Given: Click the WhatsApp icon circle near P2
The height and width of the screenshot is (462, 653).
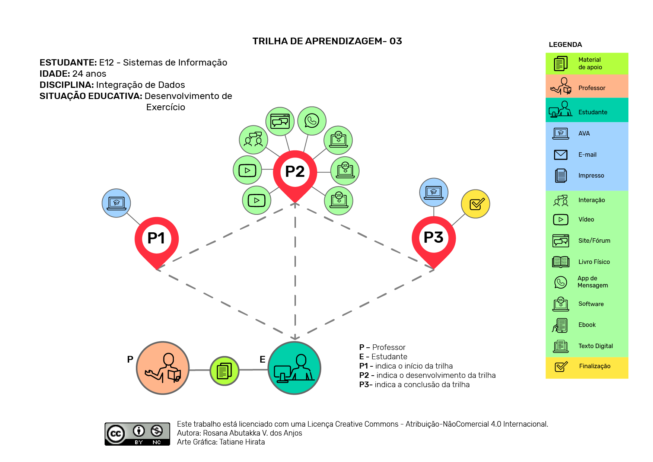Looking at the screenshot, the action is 312,121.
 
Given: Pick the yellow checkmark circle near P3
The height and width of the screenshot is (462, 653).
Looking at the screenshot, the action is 475,204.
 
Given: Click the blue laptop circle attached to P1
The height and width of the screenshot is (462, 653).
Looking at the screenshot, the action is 116,203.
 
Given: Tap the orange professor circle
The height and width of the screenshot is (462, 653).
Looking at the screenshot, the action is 163,368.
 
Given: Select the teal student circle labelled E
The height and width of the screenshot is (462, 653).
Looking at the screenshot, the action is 294,368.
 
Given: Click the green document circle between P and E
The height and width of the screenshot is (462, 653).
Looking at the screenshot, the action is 224,371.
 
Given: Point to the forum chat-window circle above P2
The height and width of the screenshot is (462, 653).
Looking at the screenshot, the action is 280,121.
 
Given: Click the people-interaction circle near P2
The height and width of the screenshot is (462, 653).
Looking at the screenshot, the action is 254,140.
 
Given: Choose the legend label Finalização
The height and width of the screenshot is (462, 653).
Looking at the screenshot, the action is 595,366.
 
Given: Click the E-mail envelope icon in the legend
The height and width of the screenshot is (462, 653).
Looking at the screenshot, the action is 561,154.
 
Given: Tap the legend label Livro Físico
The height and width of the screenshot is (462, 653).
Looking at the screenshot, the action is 594,262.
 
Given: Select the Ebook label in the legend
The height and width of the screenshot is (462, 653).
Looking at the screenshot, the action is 587,325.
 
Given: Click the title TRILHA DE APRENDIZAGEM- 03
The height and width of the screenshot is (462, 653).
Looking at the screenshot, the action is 327,41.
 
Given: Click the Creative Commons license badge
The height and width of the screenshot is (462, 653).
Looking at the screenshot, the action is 137,434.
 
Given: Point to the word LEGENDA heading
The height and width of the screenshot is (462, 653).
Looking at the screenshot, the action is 565,45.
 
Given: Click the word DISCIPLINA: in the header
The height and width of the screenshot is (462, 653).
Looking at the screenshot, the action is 67,85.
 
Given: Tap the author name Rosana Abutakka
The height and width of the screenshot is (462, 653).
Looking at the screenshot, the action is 237,433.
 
